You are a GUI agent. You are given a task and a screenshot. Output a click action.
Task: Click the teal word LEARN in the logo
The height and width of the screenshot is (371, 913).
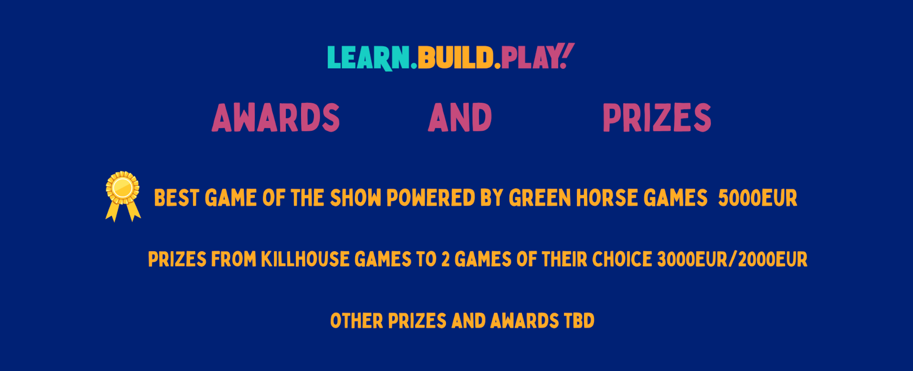368,58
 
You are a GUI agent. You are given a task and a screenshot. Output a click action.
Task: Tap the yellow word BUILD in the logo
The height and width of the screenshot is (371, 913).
456,58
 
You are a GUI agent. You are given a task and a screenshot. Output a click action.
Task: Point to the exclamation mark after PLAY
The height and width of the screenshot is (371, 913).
567,55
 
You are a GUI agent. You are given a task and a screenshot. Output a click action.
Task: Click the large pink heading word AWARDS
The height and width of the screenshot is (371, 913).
276,117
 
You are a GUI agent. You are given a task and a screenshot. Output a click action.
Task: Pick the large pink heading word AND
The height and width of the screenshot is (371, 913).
460,117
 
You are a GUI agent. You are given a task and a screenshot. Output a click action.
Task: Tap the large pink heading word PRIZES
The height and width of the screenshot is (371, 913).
657,117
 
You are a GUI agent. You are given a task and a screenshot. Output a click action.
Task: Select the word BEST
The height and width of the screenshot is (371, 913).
176,198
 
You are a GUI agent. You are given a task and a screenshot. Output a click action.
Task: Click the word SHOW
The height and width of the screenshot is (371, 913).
355,198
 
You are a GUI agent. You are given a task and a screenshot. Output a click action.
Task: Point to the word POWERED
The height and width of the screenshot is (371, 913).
430,198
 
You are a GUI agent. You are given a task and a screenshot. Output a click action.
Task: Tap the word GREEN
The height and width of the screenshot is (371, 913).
540,198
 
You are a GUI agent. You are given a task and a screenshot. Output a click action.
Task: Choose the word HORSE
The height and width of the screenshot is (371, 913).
607,198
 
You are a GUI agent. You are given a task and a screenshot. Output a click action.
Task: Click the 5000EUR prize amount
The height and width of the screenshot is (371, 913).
758,198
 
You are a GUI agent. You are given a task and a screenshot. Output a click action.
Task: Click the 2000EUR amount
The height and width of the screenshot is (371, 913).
772,259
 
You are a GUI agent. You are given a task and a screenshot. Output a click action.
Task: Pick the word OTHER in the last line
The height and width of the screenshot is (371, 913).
357,321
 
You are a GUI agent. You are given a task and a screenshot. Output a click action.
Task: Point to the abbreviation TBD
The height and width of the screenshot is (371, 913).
579,321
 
